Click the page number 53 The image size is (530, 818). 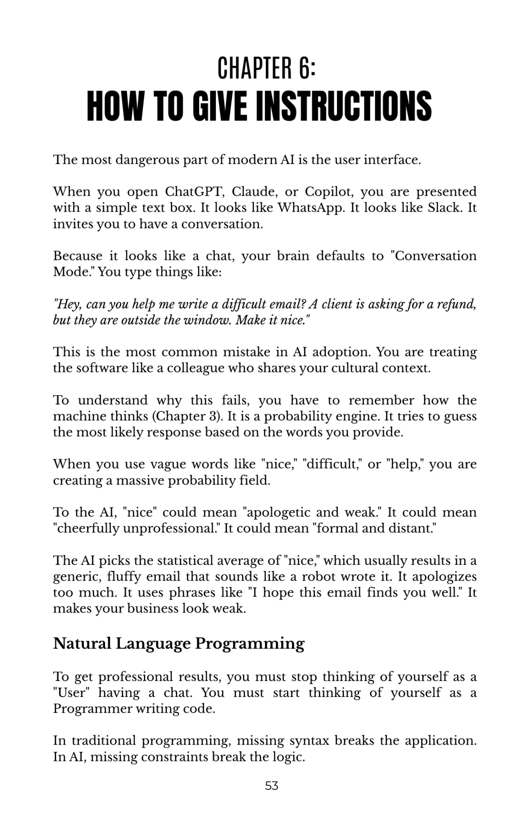pyautogui.click(x=272, y=785)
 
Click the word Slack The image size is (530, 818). pyautogui.click(x=444, y=208)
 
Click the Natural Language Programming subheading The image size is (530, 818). pyautogui.click(x=179, y=643)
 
